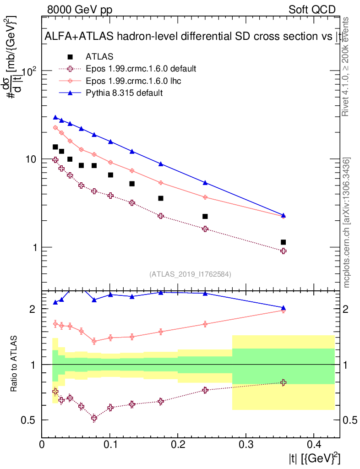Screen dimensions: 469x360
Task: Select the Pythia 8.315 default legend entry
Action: (x=124, y=93)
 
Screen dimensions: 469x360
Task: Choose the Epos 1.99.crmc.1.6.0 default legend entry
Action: (x=141, y=69)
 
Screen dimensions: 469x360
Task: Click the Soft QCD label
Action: (x=312, y=10)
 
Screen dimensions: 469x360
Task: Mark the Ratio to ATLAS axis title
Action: (x=15, y=364)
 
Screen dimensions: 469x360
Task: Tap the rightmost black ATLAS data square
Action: (x=283, y=242)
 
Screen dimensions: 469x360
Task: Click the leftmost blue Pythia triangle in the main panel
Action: (x=55, y=118)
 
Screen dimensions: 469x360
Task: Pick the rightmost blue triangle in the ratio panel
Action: (x=283, y=308)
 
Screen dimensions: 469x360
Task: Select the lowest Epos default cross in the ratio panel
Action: (x=94, y=418)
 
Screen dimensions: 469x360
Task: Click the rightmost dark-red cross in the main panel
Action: (x=283, y=251)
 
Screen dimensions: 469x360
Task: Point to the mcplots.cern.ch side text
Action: (x=347, y=223)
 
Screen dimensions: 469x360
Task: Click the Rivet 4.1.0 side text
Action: (x=346, y=66)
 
